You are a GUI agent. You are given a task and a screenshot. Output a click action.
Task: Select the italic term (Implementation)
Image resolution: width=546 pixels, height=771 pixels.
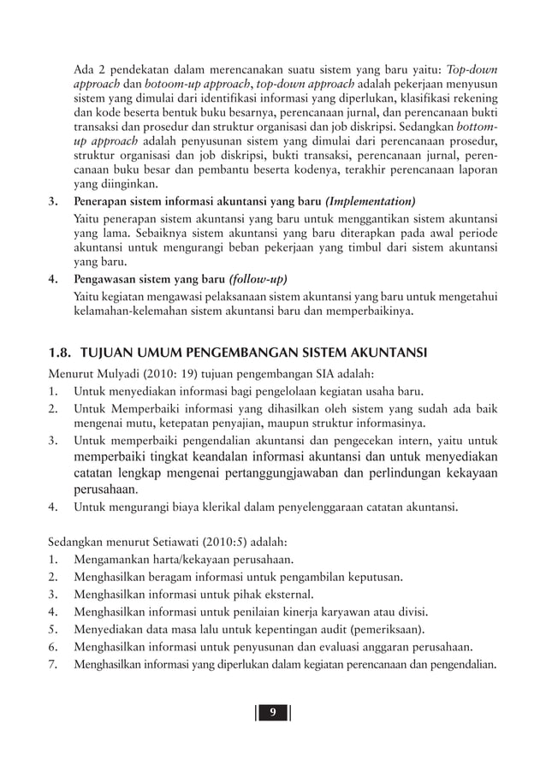pos(370,202)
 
